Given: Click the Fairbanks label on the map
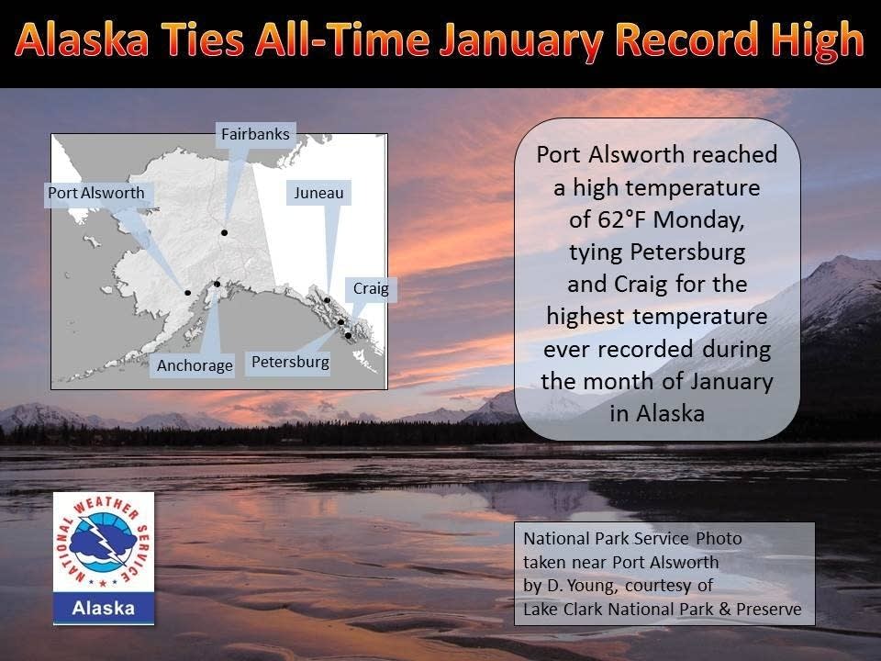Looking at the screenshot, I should pyautogui.click(x=255, y=134).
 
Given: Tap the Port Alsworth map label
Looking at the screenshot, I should pyautogui.click(x=96, y=193).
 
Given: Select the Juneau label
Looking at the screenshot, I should pyautogui.click(x=318, y=193).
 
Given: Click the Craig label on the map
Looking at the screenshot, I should pyautogui.click(x=371, y=288).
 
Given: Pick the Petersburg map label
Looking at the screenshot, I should pyautogui.click(x=290, y=362).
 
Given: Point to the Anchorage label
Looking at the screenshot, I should pyautogui.click(x=195, y=364).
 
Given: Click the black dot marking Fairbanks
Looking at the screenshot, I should pyautogui.click(x=223, y=233).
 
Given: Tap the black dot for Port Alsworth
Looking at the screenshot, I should pyautogui.click(x=187, y=293).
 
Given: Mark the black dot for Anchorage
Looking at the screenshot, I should pyautogui.click(x=217, y=284).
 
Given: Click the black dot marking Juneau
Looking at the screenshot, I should pyautogui.click(x=327, y=299).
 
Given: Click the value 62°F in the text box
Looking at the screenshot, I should pyautogui.click(x=626, y=220).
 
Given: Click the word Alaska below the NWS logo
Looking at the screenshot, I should pyautogui.click(x=104, y=608).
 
